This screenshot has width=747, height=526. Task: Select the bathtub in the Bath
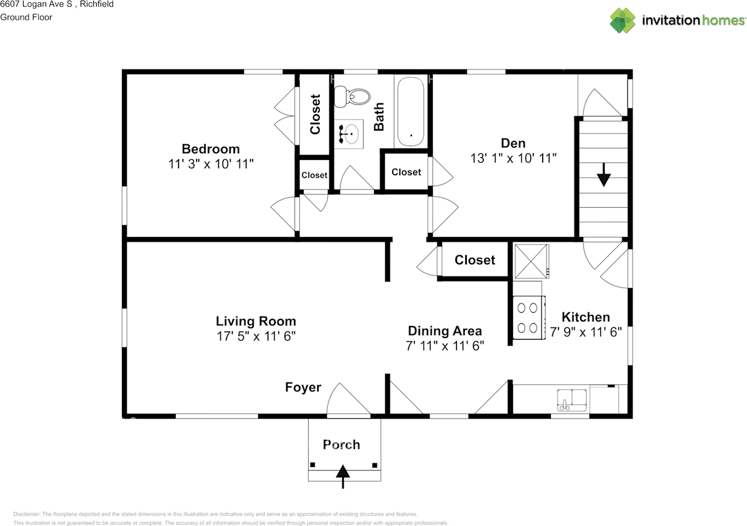411,112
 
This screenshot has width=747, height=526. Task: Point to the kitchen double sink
573,400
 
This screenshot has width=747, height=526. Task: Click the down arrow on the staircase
603,173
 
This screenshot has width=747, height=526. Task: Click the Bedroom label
210,149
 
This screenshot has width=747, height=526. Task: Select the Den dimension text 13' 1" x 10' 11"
513,158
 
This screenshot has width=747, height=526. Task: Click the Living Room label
256,321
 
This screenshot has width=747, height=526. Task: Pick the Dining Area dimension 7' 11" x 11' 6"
445,346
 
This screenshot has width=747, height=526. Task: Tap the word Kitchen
585,317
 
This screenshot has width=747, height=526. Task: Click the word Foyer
303,387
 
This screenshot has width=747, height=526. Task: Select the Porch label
341,445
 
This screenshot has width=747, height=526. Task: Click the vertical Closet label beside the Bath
315,114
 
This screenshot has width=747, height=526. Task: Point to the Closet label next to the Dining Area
474,260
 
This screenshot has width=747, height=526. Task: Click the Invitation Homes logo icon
623,20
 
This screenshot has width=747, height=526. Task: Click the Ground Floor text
26,17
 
